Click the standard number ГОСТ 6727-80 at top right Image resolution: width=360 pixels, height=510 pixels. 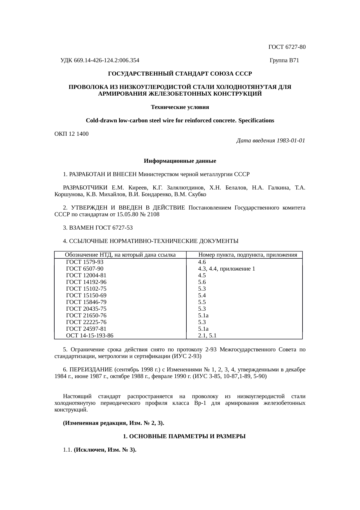pyautogui.click(x=287, y=47)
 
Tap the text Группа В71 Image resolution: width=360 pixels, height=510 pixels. pyautogui.click(x=284, y=60)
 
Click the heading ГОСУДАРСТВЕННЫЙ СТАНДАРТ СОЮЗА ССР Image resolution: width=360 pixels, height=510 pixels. pyautogui.click(x=180, y=74)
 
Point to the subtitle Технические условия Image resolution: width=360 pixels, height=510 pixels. pyautogui.click(x=180, y=107)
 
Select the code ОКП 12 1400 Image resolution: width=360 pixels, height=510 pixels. pyautogui.click(x=72, y=134)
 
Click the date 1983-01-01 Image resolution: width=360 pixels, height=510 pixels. pyautogui.click(x=291, y=141)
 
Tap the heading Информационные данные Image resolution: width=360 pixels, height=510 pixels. pyautogui.click(x=180, y=161)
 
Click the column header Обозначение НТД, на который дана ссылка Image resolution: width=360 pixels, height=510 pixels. pyautogui.click(x=120, y=255)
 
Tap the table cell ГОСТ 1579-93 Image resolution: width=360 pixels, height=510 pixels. pyautogui.click(x=85, y=262)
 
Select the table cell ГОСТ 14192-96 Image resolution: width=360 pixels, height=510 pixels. pyautogui.click(x=86, y=282)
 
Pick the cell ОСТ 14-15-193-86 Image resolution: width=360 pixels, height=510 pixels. pyautogui.click(x=90, y=336)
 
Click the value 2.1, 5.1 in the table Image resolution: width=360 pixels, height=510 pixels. pyautogui.click(x=207, y=336)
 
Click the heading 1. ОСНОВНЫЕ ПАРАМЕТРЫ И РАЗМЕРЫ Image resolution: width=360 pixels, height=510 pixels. pyautogui.click(x=184, y=436)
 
